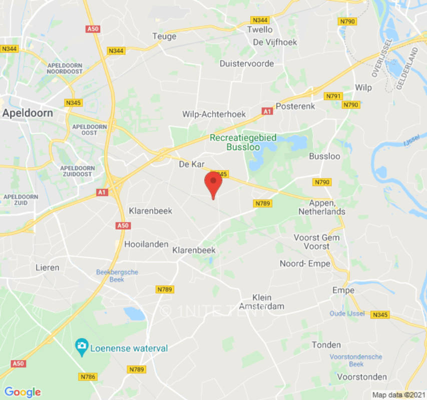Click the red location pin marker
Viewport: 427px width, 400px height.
214,182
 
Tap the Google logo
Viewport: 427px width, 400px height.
22,392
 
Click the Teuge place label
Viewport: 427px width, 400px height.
164,36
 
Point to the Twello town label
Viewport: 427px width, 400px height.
260,29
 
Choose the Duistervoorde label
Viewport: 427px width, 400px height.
247,63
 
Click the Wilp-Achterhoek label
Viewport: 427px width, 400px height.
214,114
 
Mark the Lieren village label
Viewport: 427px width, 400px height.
47,267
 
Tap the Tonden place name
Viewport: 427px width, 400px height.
326,344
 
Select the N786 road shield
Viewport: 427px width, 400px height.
88,376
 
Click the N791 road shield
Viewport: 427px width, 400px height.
333,96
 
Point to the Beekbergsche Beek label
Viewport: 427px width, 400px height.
117,276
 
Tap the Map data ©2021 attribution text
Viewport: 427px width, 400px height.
398,395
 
